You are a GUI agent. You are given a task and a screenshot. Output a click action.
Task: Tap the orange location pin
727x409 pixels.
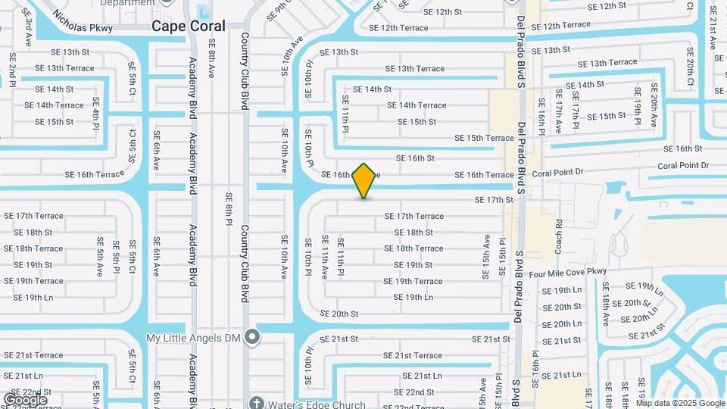tap(364, 181)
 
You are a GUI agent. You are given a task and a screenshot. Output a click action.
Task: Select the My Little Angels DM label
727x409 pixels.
tap(196, 338)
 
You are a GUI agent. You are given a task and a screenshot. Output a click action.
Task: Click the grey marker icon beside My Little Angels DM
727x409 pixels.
tap(253, 339)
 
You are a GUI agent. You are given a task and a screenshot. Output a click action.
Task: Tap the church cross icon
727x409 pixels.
tap(257, 402)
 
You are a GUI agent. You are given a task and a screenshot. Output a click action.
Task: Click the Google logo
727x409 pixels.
tap(25, 400)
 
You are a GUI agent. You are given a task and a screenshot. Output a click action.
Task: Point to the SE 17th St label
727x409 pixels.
tap(494, 200)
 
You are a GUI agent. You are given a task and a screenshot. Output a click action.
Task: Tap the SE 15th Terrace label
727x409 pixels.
tap(484, 138)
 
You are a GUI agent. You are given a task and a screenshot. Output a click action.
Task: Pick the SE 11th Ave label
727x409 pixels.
tap(324, 257)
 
